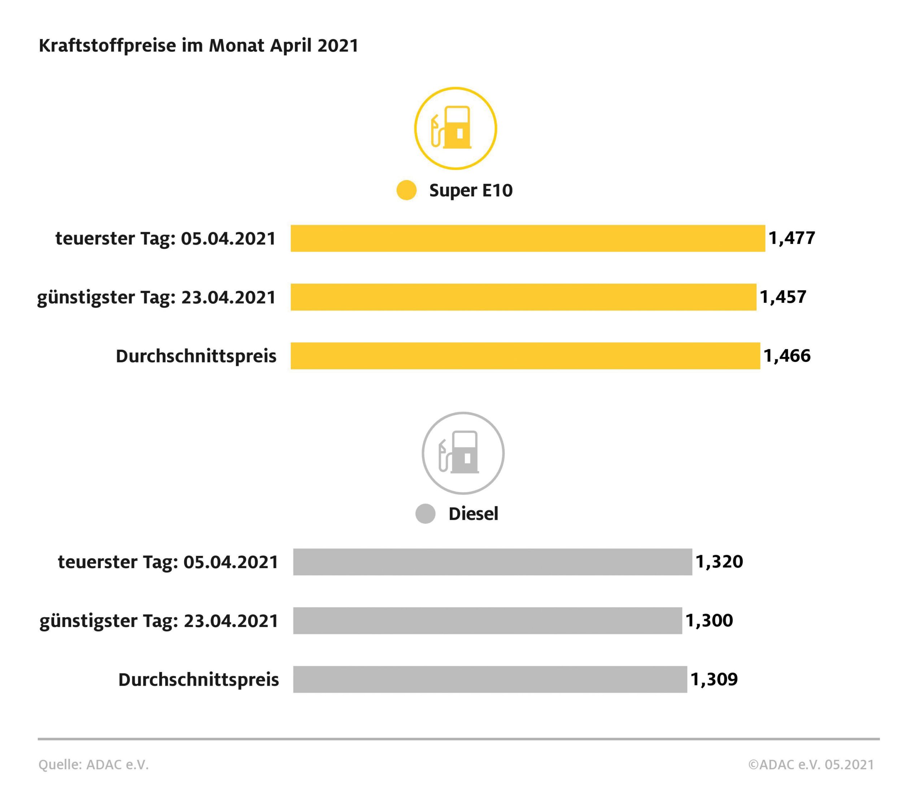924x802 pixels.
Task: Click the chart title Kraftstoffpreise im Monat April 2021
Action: (x=199, y=45)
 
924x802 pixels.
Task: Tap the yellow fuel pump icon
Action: (x=455, y=128)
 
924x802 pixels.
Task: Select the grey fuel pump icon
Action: (x=463, y=453)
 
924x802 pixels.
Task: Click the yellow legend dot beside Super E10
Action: (x=406, y=190)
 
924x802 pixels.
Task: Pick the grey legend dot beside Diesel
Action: (x=425, y=513)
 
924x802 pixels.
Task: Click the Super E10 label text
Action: (x=471, y=190)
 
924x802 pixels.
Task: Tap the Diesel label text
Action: (x=473, y=514)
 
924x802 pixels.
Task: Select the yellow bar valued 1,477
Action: (x=528, y=238)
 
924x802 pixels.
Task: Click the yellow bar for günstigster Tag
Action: (x=523, y=297)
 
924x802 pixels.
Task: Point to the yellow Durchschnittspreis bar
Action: (x=525, y=356)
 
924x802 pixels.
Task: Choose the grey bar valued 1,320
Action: (x=492, y=562)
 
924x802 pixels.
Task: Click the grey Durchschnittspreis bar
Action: (x=490, y=679)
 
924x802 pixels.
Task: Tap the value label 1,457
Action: (x=783, y=297)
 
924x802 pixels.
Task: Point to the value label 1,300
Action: (x=709, y=620)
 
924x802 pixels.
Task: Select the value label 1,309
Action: (x=714, y=679)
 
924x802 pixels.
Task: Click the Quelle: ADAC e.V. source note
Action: (x=93, y=764)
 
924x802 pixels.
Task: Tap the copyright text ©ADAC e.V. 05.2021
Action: (x=811, y=764)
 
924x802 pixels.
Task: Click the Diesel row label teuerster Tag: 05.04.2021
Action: (x=168, y=562)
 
